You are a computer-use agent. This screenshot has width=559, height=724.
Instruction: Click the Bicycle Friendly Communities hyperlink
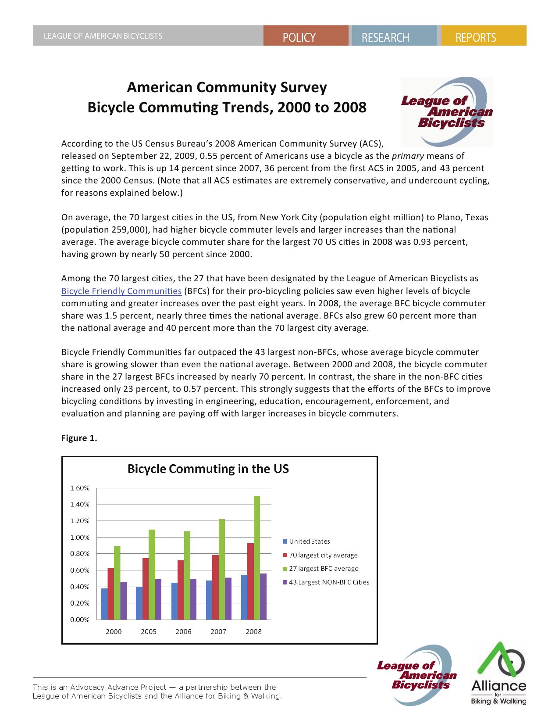121,291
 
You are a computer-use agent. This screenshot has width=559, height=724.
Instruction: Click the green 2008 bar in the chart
257,557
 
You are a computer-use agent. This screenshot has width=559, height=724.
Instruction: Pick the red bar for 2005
146,588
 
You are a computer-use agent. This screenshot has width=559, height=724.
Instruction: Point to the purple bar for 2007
228,599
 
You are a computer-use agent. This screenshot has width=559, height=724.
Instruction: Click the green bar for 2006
187,575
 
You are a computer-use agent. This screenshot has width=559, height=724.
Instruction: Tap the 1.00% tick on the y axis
80,538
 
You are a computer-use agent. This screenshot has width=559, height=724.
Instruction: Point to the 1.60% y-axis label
80,488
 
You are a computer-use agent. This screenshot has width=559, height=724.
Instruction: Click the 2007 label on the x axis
218,631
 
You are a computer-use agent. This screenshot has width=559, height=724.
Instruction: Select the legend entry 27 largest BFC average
323,569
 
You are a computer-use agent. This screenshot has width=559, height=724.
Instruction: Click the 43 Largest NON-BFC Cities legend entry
329,582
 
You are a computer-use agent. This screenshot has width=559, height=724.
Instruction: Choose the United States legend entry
309,541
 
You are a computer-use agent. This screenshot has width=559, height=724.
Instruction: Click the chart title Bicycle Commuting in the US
208,469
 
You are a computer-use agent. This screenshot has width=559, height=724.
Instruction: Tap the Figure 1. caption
79,438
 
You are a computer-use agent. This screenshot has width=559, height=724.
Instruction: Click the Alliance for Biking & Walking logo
498,674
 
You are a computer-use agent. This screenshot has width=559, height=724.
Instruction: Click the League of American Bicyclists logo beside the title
447,111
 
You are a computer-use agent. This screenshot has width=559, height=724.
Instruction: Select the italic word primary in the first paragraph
408,156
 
